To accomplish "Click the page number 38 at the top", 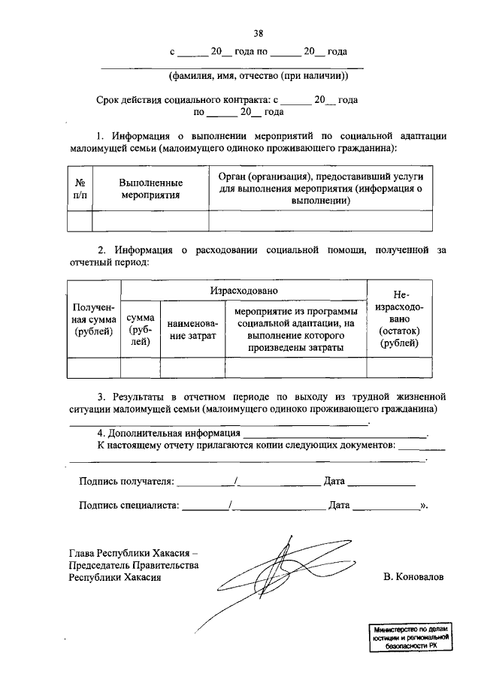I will tap(258, 32).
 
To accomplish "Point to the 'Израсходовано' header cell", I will tap(244, 290).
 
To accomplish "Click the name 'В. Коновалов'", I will tap(413, 578).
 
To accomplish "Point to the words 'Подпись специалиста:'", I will tap(129, 506).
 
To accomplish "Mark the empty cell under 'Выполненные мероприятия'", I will tap(150, 221).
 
